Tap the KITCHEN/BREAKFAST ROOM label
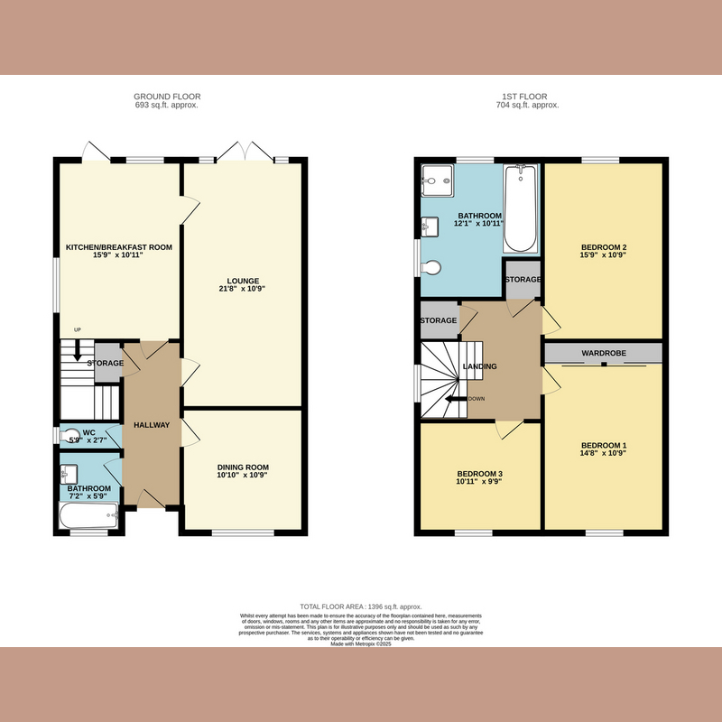coord(118,246)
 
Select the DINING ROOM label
coord(243,467)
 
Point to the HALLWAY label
coord(151,424)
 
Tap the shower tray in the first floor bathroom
coord(436,181)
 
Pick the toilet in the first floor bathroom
coord(431,267)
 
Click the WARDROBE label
coord(603,352)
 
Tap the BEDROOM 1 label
coord(603,446)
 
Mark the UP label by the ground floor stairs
coord(78,330)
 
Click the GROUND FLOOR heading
coord(167,97)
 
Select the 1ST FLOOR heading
coord(528,97)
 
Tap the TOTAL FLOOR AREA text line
coord(361,606)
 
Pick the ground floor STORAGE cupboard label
coord(106,363)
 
